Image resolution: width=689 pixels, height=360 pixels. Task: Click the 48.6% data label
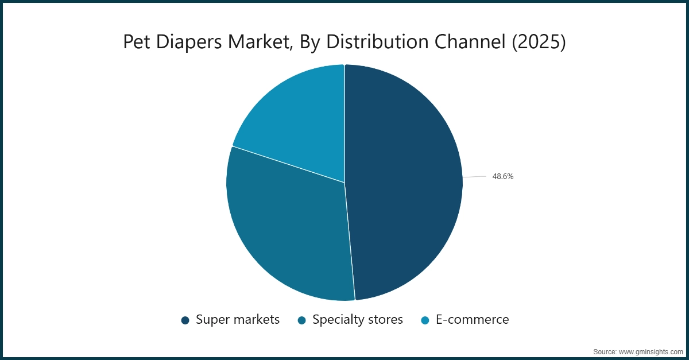(x=503, y=176)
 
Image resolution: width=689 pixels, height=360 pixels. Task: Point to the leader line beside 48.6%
(x=474, y=177)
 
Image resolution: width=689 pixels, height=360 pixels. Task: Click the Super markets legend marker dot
(x=185, y=320)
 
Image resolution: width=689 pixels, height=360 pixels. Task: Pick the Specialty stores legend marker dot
(x=302, y=320)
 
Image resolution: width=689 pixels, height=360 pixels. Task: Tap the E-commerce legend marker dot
(x=425, y=320)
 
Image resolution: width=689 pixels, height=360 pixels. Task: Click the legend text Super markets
(x=238, y=320)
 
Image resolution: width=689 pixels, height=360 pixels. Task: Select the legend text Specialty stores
(x=358, y=320)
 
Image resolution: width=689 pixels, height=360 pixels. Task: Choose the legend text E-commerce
(x=473, y=319)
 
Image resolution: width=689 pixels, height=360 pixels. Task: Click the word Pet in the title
(x=137, y=41)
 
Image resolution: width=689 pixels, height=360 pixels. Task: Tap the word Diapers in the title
(x=189, y=42)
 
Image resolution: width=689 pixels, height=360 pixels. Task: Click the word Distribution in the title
(x=377, y=41)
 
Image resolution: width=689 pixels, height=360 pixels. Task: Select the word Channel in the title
(x=470, y=41)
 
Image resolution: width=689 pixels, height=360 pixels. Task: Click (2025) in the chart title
(x=539, y=42)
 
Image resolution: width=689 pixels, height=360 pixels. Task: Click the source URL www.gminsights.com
(x=651, y=352)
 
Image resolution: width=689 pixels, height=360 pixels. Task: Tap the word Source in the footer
(x=605, y=352)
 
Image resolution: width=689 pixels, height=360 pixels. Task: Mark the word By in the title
(x=309, y=42)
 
